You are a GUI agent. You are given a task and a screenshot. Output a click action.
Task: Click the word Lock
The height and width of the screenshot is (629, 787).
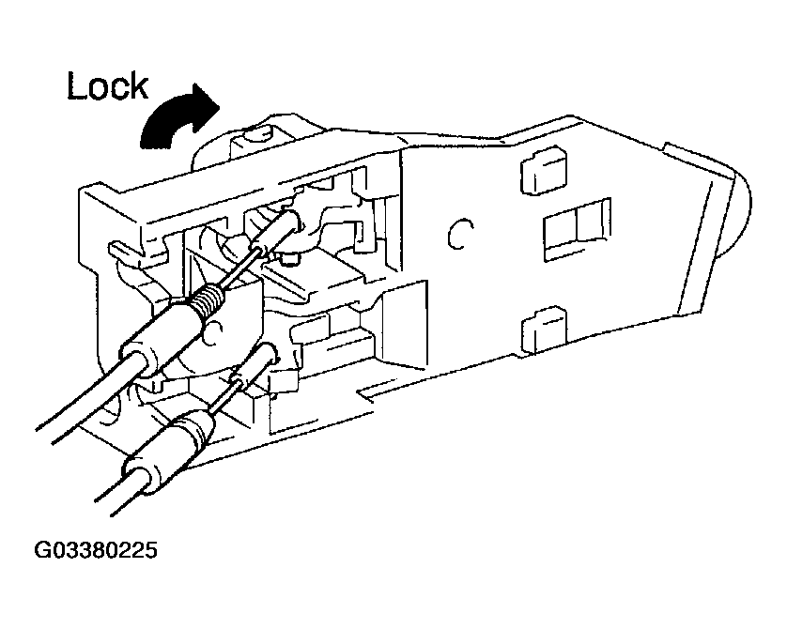point(108,86)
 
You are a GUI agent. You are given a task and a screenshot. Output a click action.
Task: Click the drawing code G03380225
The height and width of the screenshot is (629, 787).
point(96,550)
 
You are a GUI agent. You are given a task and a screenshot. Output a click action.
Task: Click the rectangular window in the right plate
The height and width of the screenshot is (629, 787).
point(578,230)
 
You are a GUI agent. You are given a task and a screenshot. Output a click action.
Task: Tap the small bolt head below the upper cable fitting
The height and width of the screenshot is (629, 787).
point(289,259)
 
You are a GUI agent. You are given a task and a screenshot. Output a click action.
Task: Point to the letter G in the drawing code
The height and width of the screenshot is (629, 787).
point(41,550)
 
